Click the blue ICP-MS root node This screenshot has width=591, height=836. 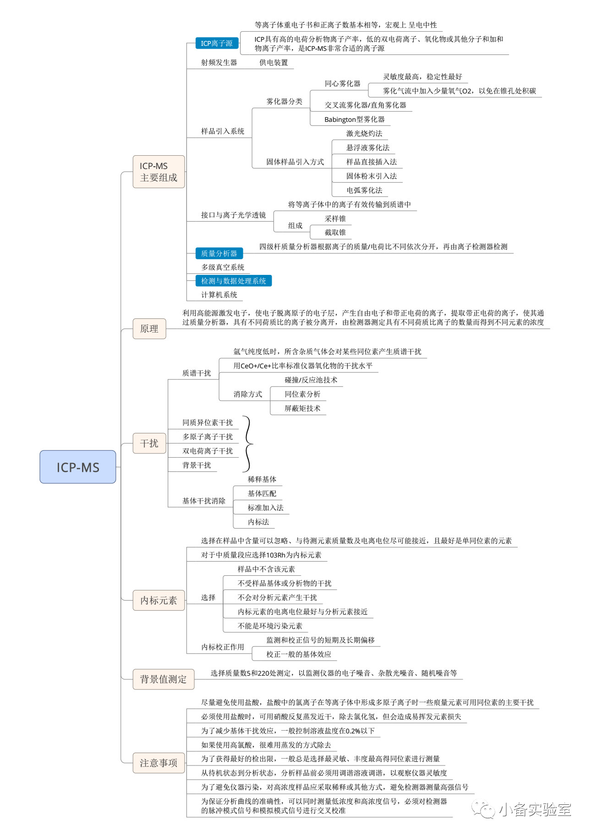[x=77, y=467]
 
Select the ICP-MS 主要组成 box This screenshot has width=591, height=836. [x=159, y=172]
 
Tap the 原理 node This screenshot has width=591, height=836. [x=149, y=328]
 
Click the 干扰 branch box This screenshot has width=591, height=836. [x=149, y=443]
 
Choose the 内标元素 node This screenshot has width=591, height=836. [x=159, y=600]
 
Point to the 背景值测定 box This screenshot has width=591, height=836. [x=164, y=679]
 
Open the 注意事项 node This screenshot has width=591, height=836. [x=159, y=763]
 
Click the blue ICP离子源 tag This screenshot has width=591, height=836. [x=217, y=43]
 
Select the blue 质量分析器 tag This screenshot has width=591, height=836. [x=219, y=253]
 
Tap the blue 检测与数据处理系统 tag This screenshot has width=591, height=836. [x=234, y=281]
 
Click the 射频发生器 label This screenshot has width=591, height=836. [x=219, y=62]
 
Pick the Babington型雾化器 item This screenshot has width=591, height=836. [x=355, y=119]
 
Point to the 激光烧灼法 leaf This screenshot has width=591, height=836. [x=364, y=133]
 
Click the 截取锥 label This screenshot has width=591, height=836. [x=335, y=232]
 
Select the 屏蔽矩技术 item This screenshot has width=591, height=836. [x=302, y=408]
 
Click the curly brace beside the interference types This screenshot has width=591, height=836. [x=248, y=444]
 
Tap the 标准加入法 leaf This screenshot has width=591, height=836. [x=266, y=508]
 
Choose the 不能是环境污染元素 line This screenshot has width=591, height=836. [x=270, y=626]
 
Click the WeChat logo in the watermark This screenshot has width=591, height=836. [x=484, y=809]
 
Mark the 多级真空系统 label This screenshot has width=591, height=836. [x=223, y=267]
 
